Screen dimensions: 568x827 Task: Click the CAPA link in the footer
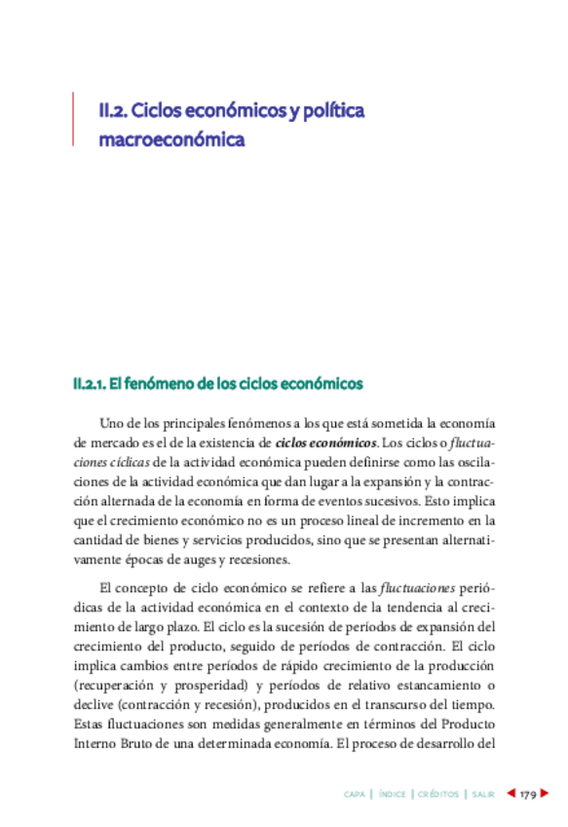tap(355, 795)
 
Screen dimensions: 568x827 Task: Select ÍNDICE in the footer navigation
tap(393, 795)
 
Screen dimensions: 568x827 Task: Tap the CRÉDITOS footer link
tap(437, 795)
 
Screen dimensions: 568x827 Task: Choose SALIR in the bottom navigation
tap(481, 795)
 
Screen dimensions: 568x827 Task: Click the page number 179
tap(529, 795)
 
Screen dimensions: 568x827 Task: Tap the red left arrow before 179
tap(511, 795)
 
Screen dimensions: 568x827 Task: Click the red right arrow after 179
tap(547, 795)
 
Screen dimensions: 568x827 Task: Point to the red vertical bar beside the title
tap(73, 119)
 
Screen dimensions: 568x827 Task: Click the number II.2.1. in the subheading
tap(89, 384)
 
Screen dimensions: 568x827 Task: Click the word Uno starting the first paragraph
tap(113, 423)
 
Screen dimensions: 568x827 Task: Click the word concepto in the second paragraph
tap(146, 588)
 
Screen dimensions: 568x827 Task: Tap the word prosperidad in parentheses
tap(204, 687)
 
